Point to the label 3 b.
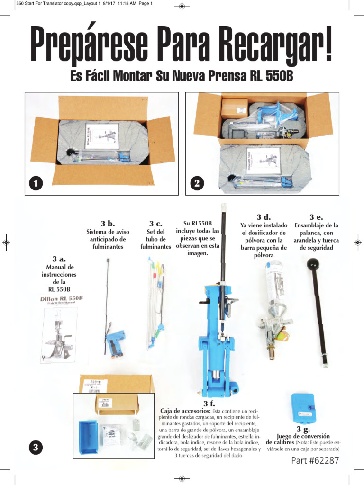click(108, 223)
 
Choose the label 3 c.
click(155, 223)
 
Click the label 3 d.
click(264, 216)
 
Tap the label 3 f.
click(209, 404)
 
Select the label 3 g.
click(303, 429)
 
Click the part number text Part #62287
click(315, 460)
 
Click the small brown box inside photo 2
click(235, 109)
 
